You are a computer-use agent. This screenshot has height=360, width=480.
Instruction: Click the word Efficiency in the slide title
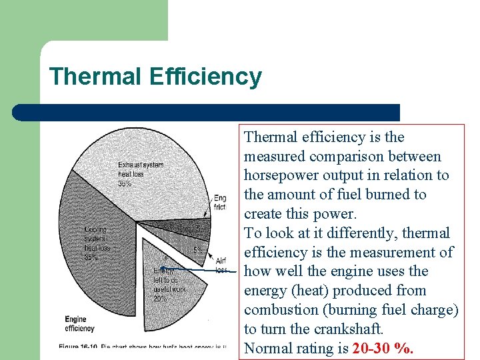pos(205,77)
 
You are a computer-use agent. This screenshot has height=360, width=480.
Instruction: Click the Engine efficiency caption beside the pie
pos(80,323)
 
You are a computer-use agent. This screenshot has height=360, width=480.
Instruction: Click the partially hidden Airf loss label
pos(221,265)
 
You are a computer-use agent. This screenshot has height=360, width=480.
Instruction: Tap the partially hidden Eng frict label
pos(219,203)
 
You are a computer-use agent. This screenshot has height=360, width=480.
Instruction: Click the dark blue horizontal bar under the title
pos(207,112)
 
